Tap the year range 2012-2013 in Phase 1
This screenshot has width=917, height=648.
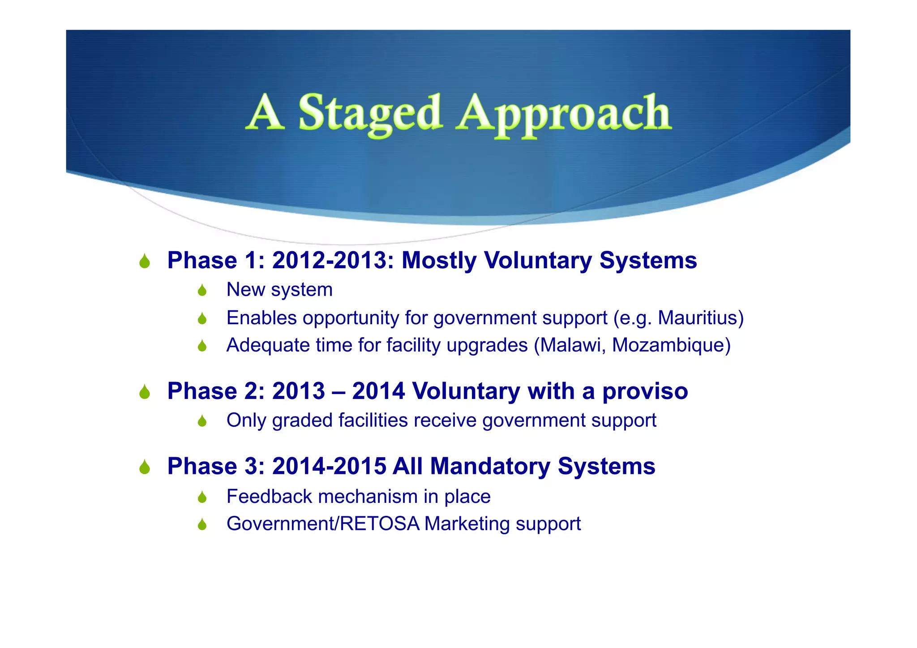click(x=330, y=260)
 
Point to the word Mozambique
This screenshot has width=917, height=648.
click(x=668, y=345)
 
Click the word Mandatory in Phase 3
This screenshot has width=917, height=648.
click(x=490, y=466)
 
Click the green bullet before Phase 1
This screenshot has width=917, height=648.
click(x=144, y=261)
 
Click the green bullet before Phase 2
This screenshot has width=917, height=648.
click(x=144, y=392)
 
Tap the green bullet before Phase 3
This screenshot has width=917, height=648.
click(x=144, y=468)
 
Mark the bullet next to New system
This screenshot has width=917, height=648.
click(x=202, y=291)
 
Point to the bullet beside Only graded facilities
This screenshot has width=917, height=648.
click(x=202, y=421)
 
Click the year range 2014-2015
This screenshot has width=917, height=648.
click(x=329, y=466)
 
